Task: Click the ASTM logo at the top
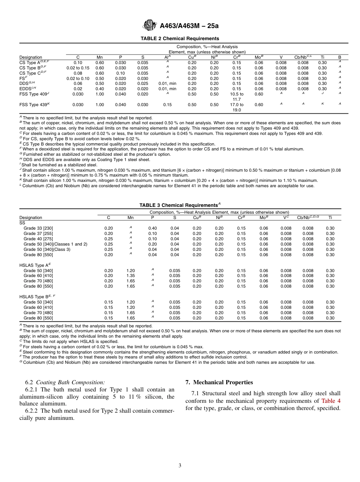pyautogui.click(x=150, y=25)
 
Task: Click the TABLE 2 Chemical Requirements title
pyautogui.click(x=180, y=39)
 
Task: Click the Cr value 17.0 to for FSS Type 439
pyautogui.click(x=237, y=105)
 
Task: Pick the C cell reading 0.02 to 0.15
pyautogui.click(x=78, y=68)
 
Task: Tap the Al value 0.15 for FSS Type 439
pyautogui.click(x=167, y=105)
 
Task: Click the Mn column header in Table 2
pyautogui.click(x=100, y=57)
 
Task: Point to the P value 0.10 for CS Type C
pyautogui.click(x=121, y=73)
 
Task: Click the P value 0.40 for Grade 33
pyautogui.click(x=152, y=228)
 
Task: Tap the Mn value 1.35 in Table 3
pyautogui.click(x=130, y=275)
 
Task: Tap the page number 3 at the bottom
pyautogui.click(x=180, y=466)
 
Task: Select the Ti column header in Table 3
pyautogui.click(x=330, y=218)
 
